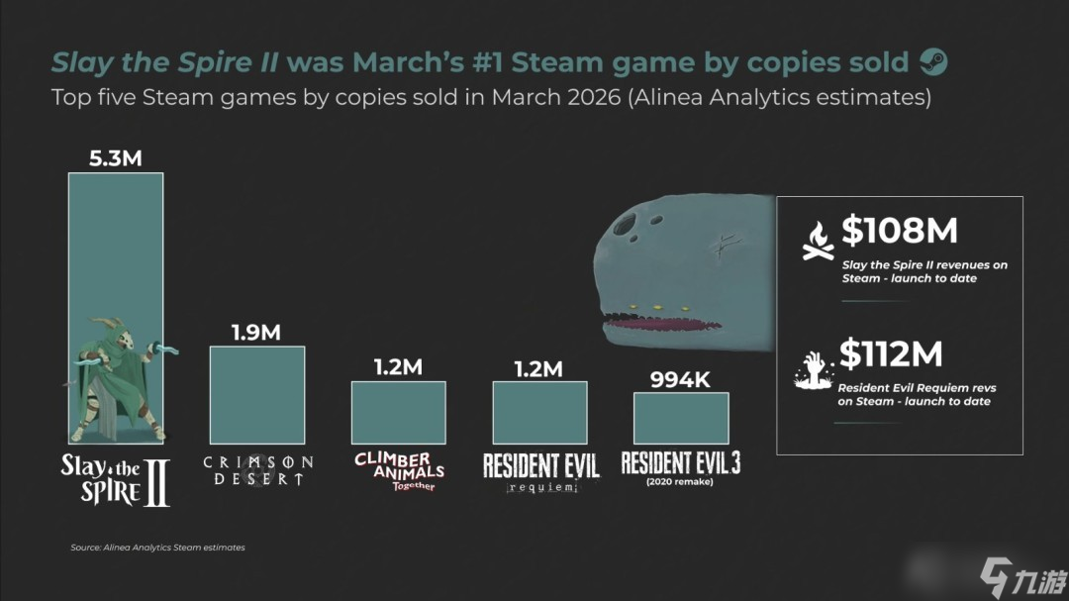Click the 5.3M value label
point(116,158)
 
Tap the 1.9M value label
point(256,333)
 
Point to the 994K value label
point(681,379)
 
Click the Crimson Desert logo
point(257,470)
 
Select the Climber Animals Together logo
point(399,471)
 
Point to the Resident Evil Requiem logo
point(540,471)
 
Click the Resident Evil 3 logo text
point(681,463)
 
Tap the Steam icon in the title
point(933,62)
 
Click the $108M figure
point(899,231)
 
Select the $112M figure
point(891,353)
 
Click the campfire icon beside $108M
point(819,242)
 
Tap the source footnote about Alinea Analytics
point(157,548)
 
